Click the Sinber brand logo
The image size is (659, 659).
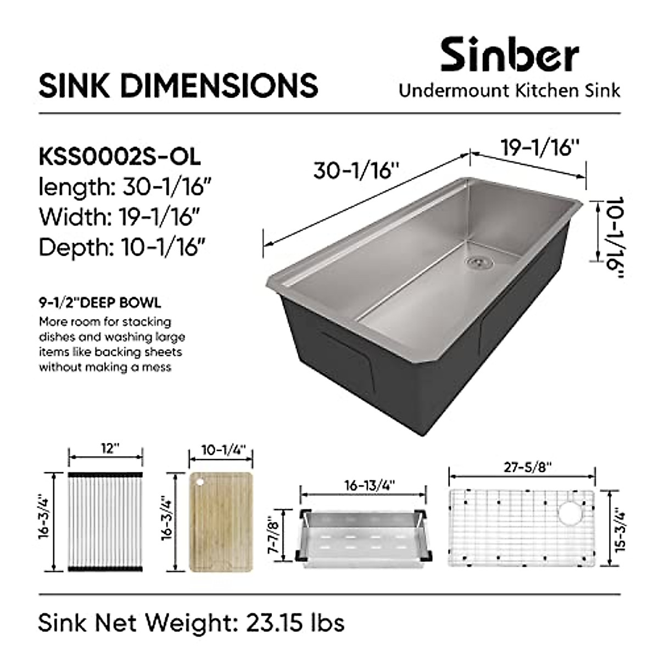click(509, 54)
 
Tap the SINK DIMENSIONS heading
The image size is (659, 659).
click(178, 86)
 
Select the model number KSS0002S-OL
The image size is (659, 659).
click(119, 157)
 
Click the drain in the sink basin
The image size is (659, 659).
click(479, 262)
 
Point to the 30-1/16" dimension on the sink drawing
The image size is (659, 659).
click(355, 170)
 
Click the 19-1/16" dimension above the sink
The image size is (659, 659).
click(540, 148)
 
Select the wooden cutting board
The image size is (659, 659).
click(221, 522)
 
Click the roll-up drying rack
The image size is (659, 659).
click(105, 522)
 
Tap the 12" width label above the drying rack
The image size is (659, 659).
click(109, 449)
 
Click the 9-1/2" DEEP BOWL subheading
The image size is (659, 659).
click(100, 303)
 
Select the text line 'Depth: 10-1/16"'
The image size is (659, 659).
click(122, 247)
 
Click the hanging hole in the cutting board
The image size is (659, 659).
click(200, 482)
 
